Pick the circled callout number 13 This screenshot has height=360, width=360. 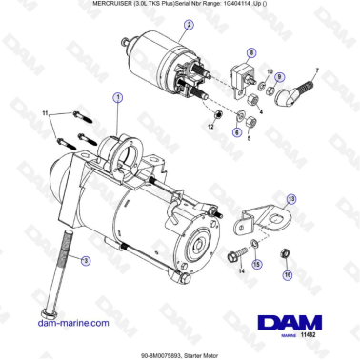click(x=290, y=199)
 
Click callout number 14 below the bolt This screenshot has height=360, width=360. click(x=240, y=271)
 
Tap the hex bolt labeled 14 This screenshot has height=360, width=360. click(x=233, y=254)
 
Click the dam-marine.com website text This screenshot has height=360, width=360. click(x=68, y=323)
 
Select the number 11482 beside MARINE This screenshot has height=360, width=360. click(x=309, y=334)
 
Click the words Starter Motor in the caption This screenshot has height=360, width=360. click(x=199, y=351)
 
